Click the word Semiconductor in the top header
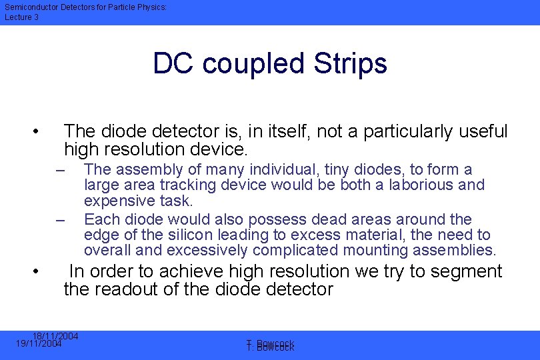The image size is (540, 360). (x=29, y=7)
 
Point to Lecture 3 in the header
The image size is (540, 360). (x=21, y=17)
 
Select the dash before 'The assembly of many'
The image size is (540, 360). (x=60, y=170)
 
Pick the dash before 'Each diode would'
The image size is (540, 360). (x=60, y=220)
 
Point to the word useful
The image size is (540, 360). (x=483, y=131)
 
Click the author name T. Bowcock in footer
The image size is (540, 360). (x=270, y=345)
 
